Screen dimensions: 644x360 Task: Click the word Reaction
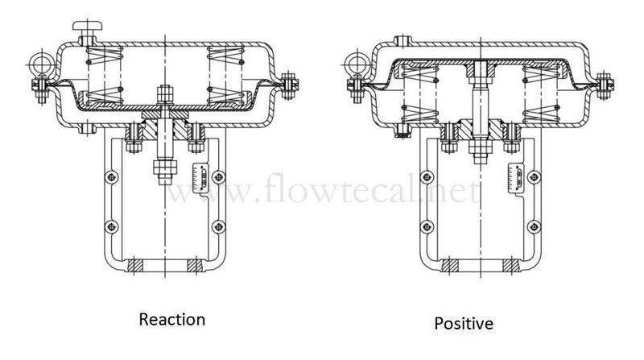[172, 319]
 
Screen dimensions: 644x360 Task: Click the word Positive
[464, 324]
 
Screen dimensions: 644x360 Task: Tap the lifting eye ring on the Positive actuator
[355, 64]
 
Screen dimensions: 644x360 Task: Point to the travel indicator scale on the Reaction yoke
[200, 178]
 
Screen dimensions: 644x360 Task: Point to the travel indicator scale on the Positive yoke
[517, 177]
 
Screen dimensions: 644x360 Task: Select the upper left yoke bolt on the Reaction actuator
[111, 177]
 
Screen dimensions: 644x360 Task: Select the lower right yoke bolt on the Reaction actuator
[219, 226]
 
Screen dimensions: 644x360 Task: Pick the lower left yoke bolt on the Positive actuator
[427, 226]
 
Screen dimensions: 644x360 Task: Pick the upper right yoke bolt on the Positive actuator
[534, 177]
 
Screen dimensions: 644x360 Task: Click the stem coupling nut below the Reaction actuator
[165, 172]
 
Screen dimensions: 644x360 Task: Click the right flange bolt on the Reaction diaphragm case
[289, 85]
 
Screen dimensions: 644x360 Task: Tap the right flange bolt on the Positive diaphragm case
[604, 85]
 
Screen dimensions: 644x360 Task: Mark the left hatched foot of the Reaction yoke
[135, 266]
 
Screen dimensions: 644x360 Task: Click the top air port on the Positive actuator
[403, 41]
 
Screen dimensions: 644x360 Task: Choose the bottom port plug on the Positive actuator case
[403, 130]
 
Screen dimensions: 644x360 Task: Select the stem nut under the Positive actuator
[480, 151]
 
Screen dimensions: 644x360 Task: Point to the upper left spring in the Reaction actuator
[105, 56]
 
